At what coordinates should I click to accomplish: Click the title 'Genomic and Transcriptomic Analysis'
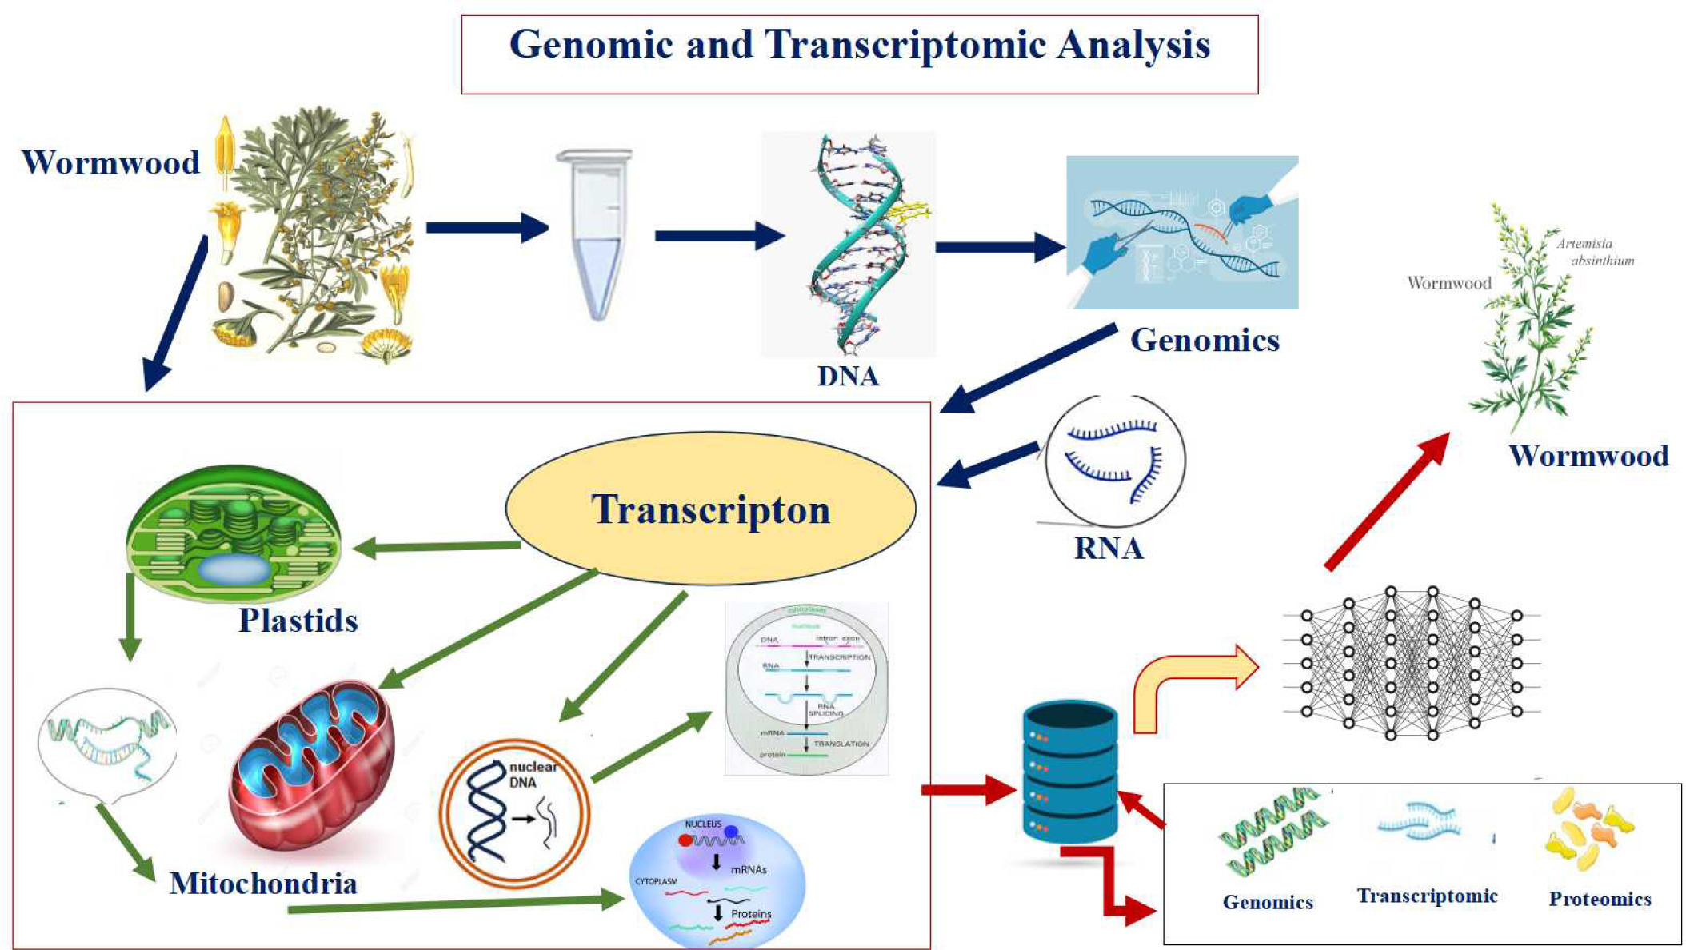click(x=860, y=46)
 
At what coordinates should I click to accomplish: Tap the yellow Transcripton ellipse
click(x=710, y=509)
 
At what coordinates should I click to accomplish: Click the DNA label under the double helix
click(x=848, y=376)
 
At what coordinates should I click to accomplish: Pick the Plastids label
click(x=298, y=621)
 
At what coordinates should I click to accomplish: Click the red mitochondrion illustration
click(x=312, y=768)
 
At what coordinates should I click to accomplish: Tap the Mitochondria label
click(x=263, y=884)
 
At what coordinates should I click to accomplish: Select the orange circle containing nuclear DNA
click(x=514, y=812)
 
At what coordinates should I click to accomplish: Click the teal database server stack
click(x=1069, y=772)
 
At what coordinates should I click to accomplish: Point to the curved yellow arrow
click(x=1192, y=684)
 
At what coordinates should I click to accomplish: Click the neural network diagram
click(x=1412, y=663)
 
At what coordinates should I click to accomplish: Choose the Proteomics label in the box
click(x=1600, y=900)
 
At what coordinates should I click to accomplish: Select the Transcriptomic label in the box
click(x=1427, y=896)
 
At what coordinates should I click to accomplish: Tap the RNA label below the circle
click(x=1109, y=549)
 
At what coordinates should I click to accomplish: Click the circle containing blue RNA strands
click(x=1115, y=461)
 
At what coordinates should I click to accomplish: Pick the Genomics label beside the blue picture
click(x=1205, y=341)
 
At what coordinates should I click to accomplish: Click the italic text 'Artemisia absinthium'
click(x=1593, y=252)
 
